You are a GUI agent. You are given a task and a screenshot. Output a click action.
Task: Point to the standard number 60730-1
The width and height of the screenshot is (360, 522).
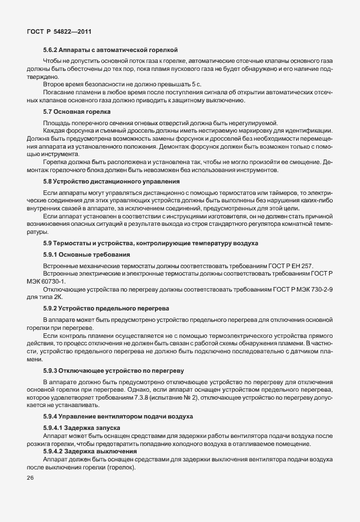56,281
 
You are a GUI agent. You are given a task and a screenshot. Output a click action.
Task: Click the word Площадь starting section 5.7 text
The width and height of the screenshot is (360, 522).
57,123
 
